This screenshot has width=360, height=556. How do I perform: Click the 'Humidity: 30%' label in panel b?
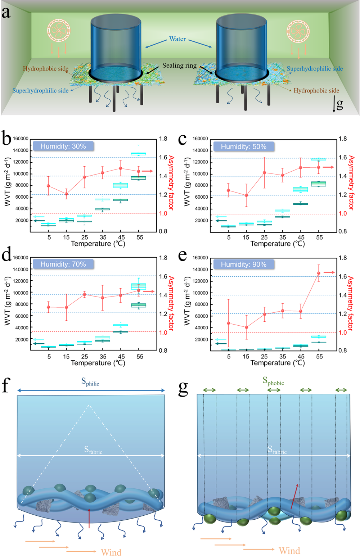pos(63,146)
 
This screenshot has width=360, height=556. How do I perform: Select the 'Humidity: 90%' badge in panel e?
pos(244,265)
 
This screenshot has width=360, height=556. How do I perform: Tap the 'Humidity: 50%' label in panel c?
pos(244,146)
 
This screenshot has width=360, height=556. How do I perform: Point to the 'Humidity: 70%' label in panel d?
pos(63,264)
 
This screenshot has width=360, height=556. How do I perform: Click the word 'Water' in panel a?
pos(177,39)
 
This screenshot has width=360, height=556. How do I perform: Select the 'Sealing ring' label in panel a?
pos(179,65)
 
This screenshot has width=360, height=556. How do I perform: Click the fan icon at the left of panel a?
pos(58,30)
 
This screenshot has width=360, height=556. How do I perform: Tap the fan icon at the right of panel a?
pos(298,31)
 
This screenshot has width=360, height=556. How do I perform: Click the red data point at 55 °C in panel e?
pos(319,273)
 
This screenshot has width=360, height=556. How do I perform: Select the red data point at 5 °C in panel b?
pos(48,186)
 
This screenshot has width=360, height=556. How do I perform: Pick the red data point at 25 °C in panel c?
pos(264,173)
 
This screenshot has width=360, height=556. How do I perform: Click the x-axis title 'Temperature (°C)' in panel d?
pos(98,363)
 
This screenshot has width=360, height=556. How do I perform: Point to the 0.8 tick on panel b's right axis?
pos(163,231)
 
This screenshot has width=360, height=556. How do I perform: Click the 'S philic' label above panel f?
pos(90,382)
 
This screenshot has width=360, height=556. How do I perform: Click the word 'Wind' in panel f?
pos(111,552)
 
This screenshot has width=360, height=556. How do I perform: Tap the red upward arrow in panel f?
pos(89,518)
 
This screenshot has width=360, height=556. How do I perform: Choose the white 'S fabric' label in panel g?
pos(277,449)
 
